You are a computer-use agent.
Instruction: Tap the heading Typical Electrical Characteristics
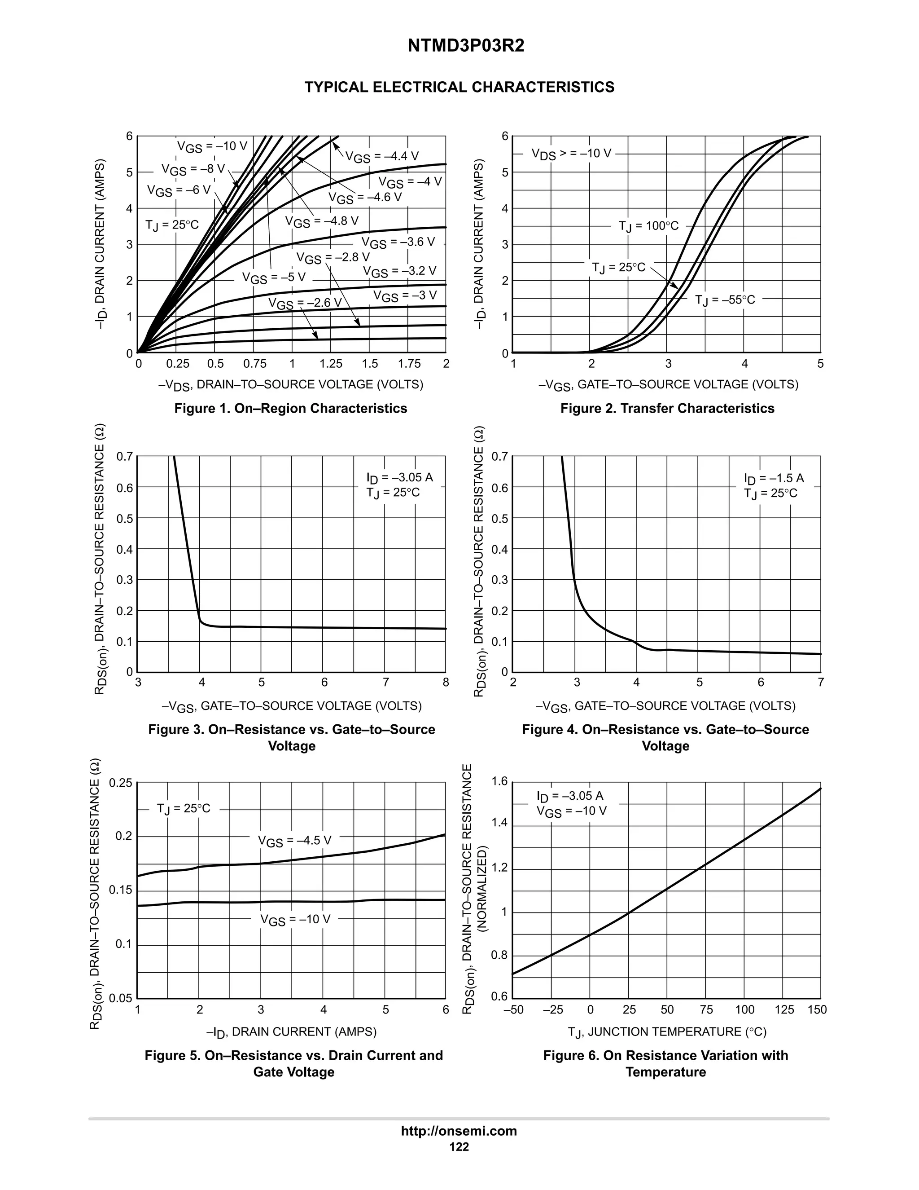459,87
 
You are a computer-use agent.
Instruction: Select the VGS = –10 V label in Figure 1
212,146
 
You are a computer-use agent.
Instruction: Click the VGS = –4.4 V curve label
382,157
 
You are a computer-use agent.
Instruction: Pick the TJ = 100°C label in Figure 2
648,226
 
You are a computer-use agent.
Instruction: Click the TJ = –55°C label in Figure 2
725,300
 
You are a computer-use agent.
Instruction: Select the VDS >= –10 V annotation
571,154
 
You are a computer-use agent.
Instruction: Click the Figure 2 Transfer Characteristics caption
667,409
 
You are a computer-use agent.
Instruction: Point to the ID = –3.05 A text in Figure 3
400,478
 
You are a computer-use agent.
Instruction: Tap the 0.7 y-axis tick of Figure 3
125,457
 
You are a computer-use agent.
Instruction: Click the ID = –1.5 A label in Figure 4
773,478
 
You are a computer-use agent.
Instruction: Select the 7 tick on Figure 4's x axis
820,682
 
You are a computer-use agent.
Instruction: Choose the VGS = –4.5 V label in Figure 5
294,841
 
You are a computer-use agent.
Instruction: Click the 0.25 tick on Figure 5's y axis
121,784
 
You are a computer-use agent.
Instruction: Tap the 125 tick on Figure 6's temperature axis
784,1009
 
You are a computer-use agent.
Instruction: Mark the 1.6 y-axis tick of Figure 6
499,782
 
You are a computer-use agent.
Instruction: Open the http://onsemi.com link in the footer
459,1131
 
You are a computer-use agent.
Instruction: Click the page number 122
459,1147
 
